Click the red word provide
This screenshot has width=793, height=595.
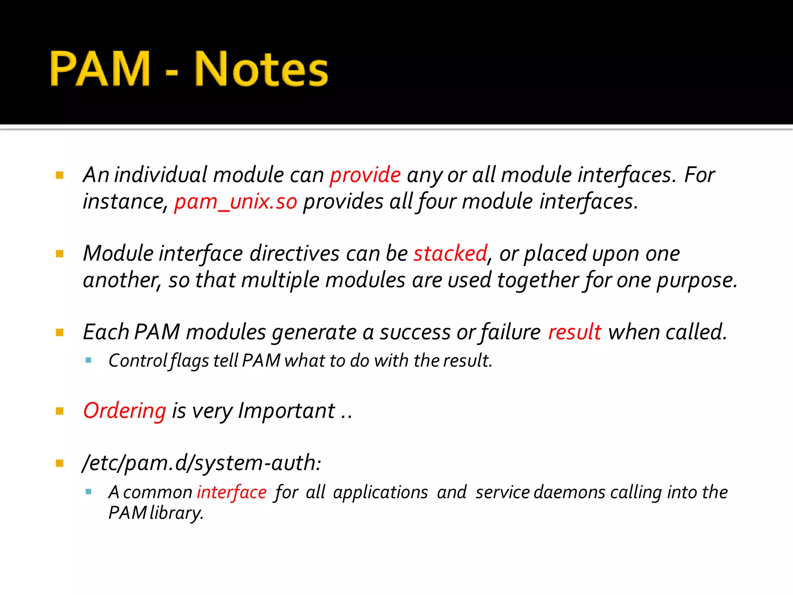365,175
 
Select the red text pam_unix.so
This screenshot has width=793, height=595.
235,201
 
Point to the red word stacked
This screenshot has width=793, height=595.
450,254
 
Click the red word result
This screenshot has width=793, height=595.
575,332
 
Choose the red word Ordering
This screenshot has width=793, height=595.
125,411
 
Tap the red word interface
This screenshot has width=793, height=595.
232,492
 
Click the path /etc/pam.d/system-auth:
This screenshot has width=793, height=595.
202,463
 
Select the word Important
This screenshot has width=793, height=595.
287,411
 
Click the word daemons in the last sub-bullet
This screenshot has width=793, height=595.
570,492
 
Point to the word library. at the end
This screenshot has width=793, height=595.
177,513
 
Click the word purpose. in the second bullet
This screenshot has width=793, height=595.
697,280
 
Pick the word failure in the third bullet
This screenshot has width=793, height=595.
510,332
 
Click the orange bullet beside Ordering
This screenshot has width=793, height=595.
60,411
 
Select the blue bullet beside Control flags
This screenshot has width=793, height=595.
88,361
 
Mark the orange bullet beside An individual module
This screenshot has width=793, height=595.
60,175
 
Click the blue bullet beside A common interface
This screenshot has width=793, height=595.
88,492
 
